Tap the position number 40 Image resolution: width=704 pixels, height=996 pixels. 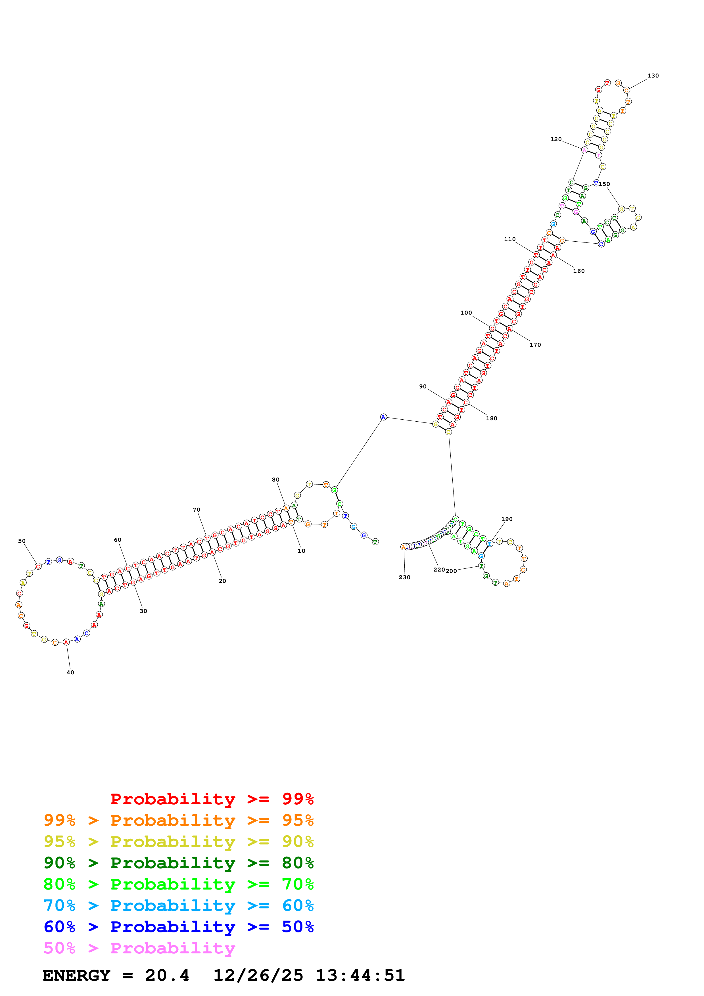click(70, 672)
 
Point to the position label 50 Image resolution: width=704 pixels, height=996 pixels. click(22, 541)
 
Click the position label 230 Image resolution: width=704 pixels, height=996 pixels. click(404, 577)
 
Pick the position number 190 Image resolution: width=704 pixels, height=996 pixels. click(507, 519)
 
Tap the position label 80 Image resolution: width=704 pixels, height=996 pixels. click(275, 479)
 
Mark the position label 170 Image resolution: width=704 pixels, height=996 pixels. click(535, 344)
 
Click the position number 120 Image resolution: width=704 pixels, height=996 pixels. click(556, 139)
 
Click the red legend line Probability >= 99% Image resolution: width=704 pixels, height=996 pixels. click(212, 799)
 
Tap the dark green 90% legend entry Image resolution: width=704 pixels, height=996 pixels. click(179, 863)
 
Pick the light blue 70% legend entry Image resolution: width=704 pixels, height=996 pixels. click(179, 905)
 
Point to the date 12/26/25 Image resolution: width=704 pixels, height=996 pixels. click(258, 975)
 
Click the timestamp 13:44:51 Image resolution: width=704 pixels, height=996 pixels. click(360, 975)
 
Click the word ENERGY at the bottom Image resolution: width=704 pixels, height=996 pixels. click(76, 975)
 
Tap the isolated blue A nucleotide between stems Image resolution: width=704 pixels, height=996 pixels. click(383, 417)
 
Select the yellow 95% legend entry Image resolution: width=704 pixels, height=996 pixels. click(179, 842)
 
